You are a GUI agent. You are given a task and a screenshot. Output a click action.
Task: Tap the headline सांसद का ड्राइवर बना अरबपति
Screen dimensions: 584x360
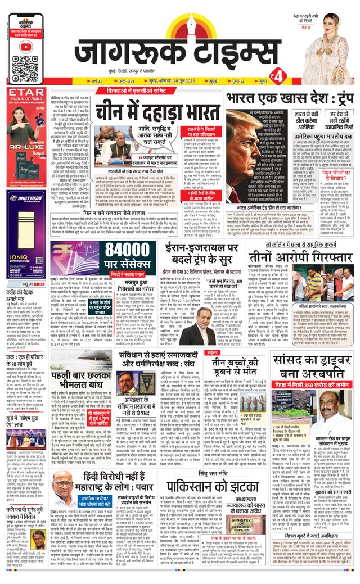click(313, 368)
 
